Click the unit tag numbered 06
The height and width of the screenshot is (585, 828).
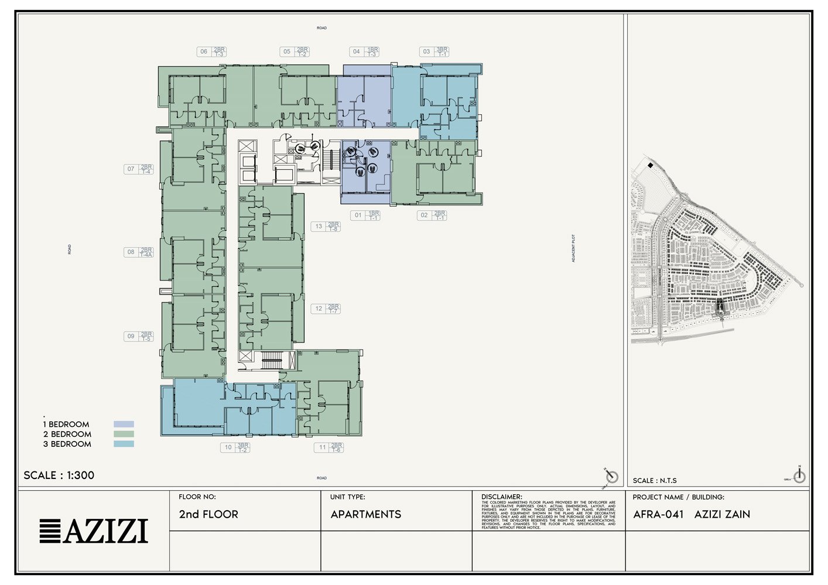211,52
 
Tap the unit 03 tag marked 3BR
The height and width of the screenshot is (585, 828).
434,52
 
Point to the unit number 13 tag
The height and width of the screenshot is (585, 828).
326,226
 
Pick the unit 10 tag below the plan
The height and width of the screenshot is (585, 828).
236,447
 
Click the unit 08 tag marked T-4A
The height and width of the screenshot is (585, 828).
139,252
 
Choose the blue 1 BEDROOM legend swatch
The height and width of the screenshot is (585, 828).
124,424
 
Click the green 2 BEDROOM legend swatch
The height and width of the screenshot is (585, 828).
124,434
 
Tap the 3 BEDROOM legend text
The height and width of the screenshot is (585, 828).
67,444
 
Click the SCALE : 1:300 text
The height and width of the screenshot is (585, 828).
59,475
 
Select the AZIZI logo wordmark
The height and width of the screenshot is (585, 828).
94,531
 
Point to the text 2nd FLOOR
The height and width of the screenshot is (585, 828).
208,514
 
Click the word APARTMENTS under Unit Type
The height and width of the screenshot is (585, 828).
366,514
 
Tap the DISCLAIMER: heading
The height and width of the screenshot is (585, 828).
501,497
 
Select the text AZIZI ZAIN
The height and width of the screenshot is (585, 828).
722,514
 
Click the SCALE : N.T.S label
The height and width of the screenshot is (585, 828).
655,481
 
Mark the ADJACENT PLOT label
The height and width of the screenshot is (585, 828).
573,248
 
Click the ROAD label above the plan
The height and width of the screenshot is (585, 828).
321,28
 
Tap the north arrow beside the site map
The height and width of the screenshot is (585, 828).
799,475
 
